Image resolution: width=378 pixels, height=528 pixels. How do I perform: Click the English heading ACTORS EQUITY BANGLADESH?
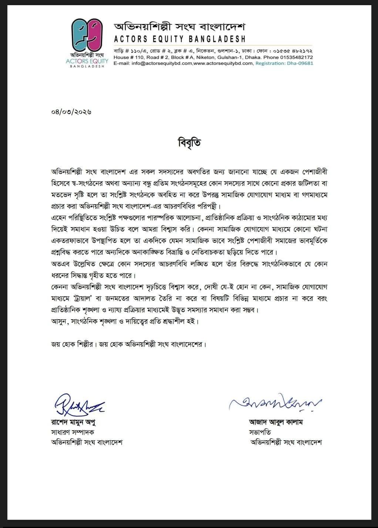click(179, 39)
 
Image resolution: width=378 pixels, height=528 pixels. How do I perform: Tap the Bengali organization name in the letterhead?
click(179, 27)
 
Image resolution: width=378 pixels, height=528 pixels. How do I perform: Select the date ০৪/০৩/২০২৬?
click(71, 111)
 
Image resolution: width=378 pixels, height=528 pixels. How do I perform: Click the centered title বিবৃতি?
click(189, 143)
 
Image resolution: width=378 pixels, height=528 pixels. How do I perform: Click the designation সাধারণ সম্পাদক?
click(72, 432)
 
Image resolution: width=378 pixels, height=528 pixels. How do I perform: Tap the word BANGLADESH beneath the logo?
click(87, 66)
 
